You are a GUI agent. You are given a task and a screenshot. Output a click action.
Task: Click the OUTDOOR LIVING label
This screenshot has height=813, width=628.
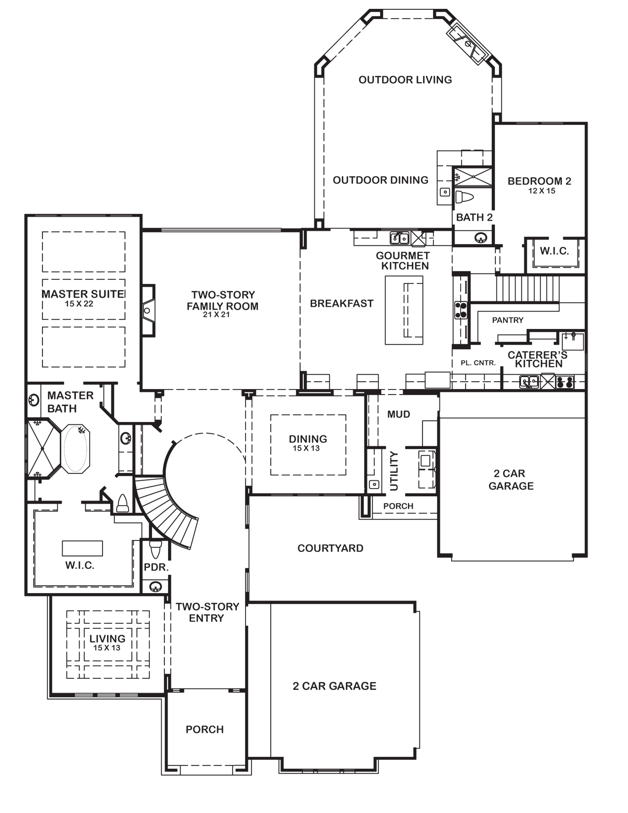(x=405, y=80)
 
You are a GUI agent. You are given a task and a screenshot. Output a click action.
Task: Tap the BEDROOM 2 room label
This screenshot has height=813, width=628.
(x=539, y=181)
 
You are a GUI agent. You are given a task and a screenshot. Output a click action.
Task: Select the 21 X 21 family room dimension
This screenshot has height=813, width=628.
(x=216, y=315)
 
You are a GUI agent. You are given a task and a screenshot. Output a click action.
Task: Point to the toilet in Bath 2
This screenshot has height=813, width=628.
(x=464, y=197)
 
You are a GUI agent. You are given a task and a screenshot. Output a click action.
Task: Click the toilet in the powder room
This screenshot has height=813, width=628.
(x=155, y=549)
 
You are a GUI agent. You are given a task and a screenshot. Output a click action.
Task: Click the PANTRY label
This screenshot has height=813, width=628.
(x=508, y=320)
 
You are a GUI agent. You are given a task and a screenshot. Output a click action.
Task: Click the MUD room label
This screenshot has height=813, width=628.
(x=398, y=414)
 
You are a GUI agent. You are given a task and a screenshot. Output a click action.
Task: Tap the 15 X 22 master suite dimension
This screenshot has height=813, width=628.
(x=79, y=304)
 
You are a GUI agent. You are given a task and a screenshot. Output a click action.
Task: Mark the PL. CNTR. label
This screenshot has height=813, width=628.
(x=478, y=363)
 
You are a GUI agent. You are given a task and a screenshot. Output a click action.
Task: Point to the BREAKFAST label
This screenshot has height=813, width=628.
(x=342, y=304)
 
